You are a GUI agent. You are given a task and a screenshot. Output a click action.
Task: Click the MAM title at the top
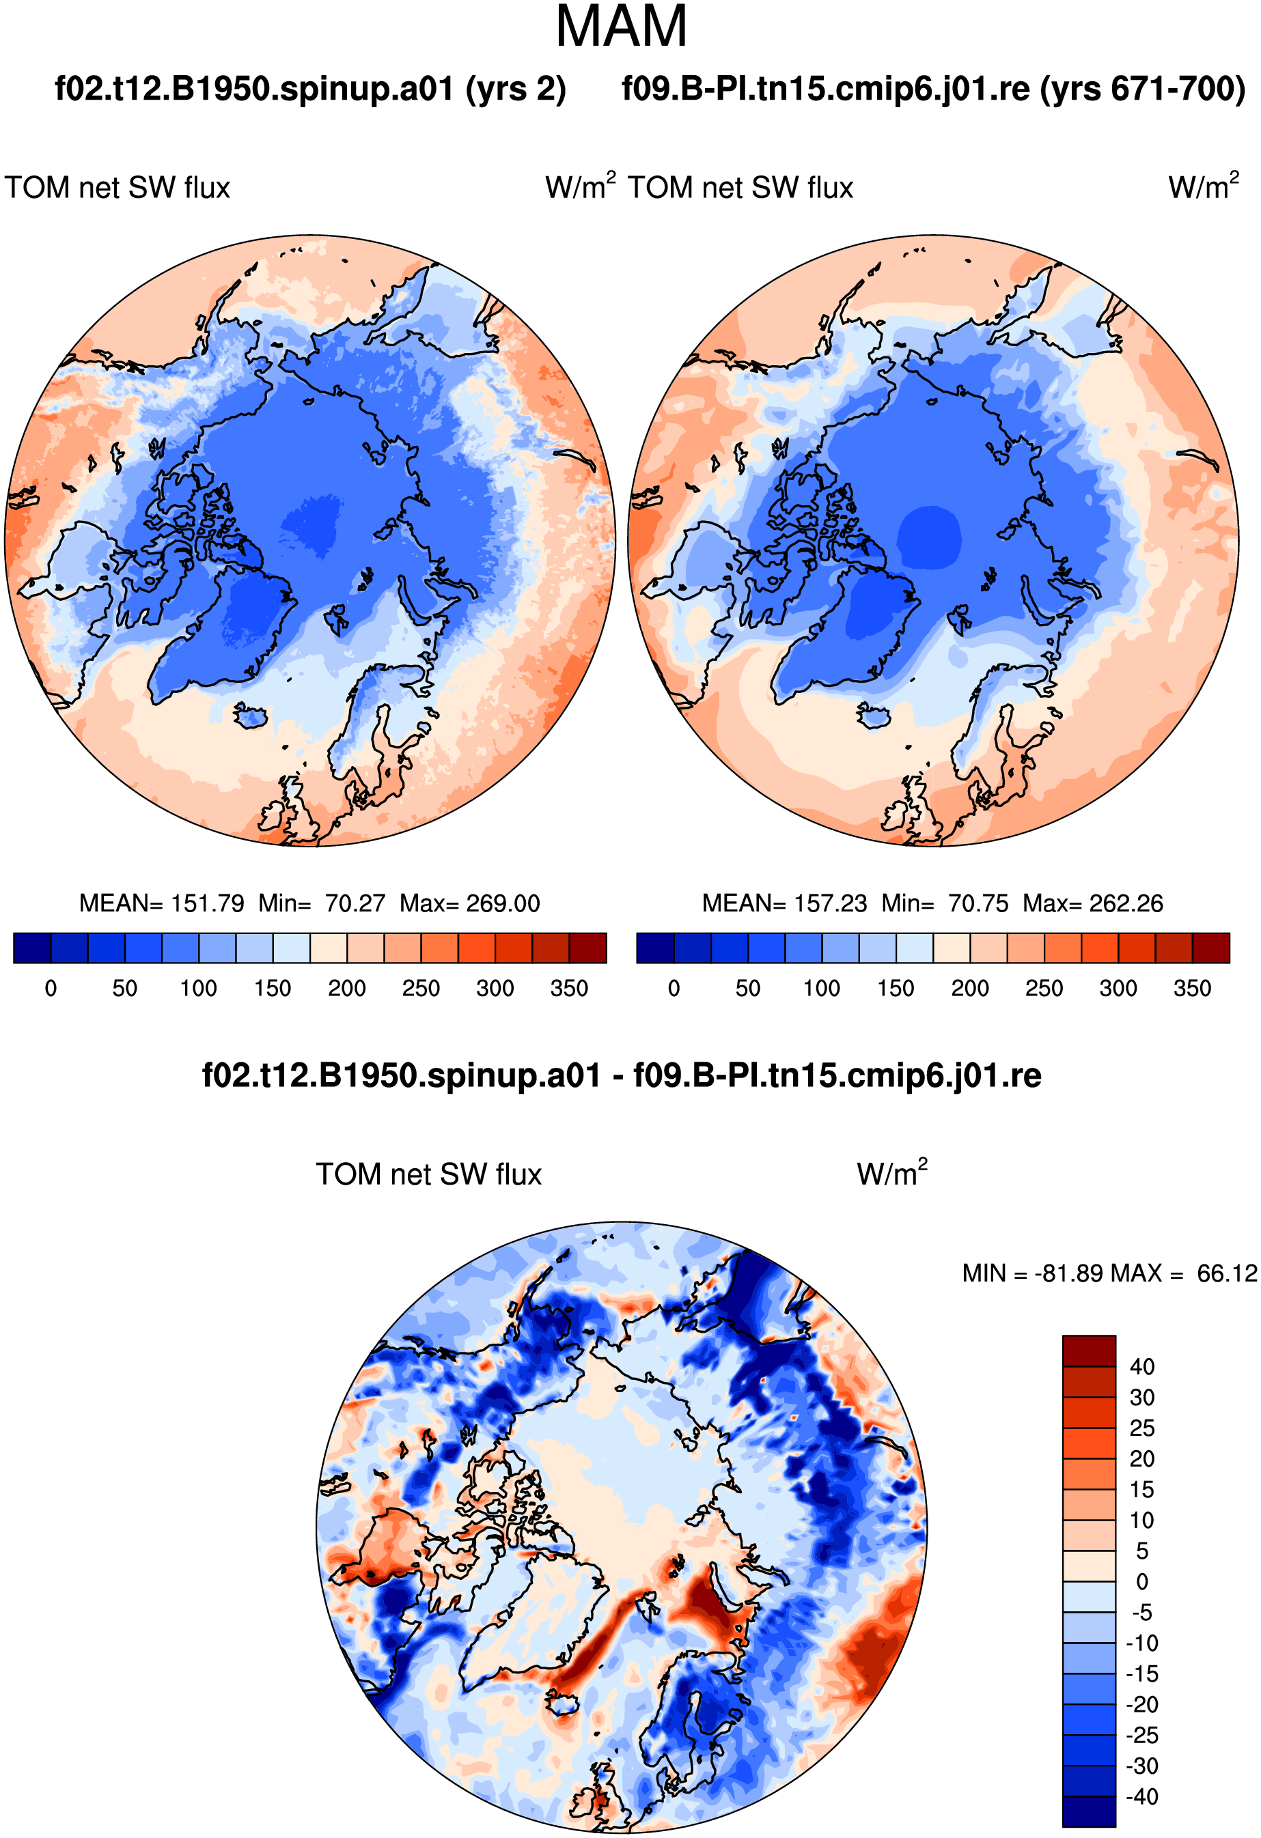pyautogui.click(x=621, y=27)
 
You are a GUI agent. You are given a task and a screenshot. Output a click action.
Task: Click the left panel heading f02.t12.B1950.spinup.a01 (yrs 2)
pyautogui.click(x=310, y=89)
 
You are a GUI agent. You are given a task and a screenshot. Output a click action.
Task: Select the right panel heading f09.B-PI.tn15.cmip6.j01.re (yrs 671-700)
pyautogui.click(x=934, y=89)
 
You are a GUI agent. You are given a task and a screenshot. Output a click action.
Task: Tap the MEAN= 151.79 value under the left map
pyautogui.click(x=161, y=903)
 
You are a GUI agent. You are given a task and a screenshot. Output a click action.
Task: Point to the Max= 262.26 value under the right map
pyautogui.click(x=1092, y=903)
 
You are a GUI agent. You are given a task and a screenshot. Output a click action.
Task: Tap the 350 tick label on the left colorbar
pyautogui.click(x=569, y=989)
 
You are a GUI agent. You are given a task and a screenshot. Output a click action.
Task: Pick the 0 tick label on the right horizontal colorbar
pyautogui.click(x=674, y=989)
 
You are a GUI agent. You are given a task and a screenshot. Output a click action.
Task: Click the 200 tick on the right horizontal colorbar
pyautogui.click(x=970, y=989)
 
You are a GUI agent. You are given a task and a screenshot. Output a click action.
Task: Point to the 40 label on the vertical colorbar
pyautogui.click(x=1141, y=1367)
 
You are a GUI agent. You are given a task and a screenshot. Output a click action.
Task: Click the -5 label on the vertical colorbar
pyautogui.click(x=1141, y=1613)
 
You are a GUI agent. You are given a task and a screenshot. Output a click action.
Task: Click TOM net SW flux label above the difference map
pyautogui.click(x=429, y=1174)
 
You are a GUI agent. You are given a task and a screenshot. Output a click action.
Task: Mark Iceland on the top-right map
pyautogui.click(x=874, y=716)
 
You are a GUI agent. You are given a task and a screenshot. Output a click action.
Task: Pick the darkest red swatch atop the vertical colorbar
pyautogui.click(x=1089, y=1351)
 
